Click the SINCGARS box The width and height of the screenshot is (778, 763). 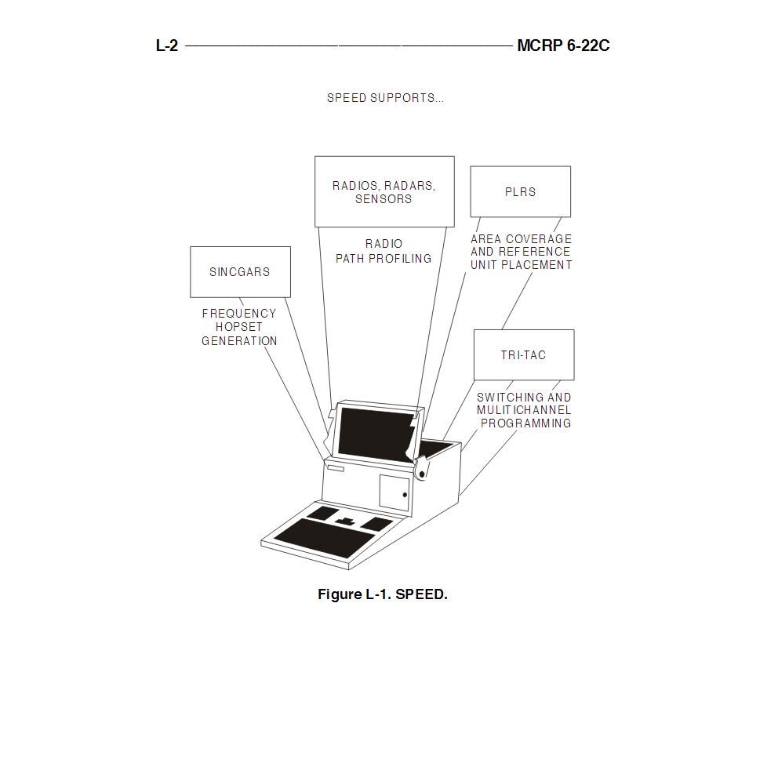point(240,272)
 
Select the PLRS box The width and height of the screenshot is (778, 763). point(520,191)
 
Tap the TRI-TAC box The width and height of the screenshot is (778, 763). point(523,355)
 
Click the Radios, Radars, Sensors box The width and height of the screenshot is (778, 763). point(384,192)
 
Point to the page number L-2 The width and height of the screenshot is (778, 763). point(167,45)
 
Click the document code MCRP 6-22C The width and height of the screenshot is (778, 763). point(563,45)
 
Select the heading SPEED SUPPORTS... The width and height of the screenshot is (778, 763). point(385,98)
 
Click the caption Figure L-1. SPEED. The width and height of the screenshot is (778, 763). point(383,594)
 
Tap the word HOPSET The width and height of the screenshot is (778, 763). point(239,327)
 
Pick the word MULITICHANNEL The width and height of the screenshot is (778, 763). point(524,410)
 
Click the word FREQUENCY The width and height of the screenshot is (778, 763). point(239,314)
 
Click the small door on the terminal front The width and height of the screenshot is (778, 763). point(394,492)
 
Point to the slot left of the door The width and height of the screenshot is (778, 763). point(336,469)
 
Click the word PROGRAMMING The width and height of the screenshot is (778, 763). point(525,423)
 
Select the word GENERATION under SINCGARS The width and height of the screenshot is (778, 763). point(239,341)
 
